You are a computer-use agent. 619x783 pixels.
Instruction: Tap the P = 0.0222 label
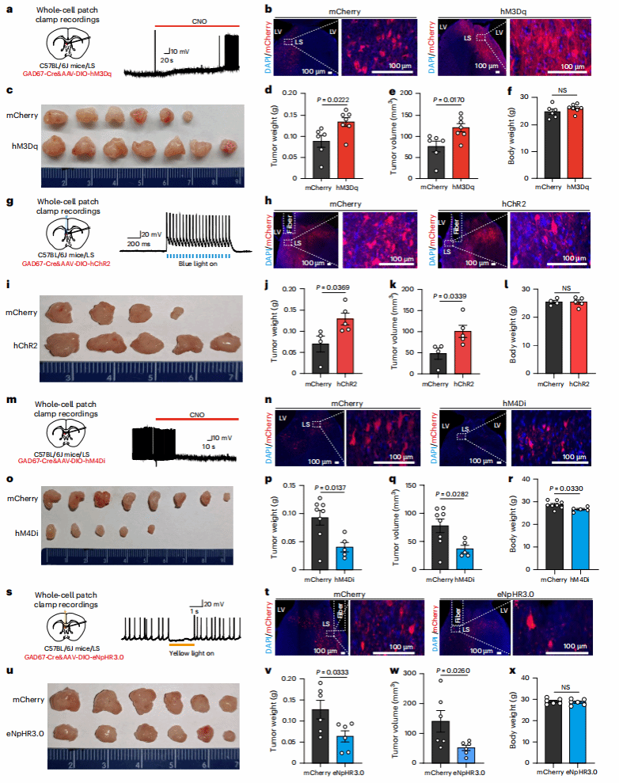[x=332, y=99]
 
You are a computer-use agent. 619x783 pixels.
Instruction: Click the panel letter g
[x=8, y=203]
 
